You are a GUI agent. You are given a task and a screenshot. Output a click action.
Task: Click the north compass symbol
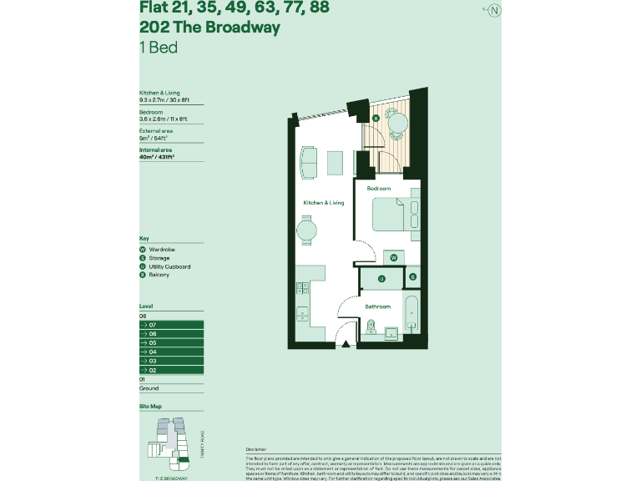pos(494,11)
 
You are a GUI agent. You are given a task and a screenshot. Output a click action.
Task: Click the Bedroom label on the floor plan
pos(378,189)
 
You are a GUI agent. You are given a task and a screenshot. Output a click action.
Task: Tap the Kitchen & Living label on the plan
pos(323,203)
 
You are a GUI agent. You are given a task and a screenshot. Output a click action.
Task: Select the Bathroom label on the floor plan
pos(377,306)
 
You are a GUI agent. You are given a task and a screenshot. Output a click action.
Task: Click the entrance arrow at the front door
pos(344,343)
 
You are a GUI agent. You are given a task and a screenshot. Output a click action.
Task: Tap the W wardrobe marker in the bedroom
pos(393,258)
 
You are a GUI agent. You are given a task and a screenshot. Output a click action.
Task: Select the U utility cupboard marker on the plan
pos(381,278)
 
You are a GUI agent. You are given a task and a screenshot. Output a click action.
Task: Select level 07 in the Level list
pos(170,324)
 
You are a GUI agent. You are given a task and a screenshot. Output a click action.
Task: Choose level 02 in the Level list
pos(170,370)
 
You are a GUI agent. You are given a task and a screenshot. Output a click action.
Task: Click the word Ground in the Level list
pos(149,388)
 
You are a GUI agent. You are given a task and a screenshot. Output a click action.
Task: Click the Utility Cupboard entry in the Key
pos(169,266)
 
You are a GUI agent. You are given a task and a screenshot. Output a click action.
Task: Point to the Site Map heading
pos(150,406)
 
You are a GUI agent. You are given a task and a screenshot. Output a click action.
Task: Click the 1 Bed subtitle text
pos(158,47)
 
